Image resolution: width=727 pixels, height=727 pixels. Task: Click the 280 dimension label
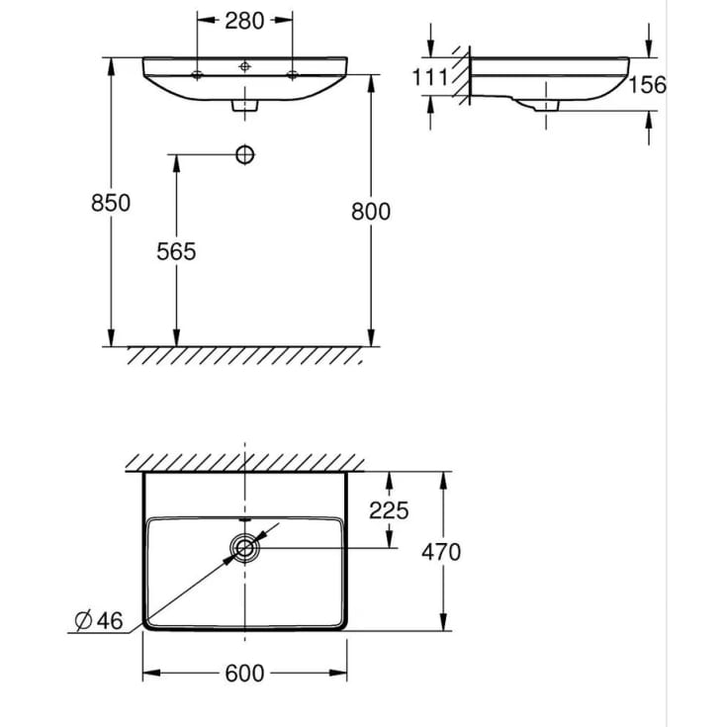click(244, 21)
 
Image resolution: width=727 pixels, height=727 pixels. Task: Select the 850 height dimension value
click(111, 203)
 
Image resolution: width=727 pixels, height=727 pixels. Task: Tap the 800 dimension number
click(371, 212)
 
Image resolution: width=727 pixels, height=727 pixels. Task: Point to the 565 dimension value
click(176, 251)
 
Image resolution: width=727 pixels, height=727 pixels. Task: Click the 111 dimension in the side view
click(430, 77)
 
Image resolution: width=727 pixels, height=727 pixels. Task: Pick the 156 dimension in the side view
click(647, 84)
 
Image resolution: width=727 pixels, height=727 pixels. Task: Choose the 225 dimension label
click(389, 510)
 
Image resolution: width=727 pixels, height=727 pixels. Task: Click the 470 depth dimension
click(441, 552)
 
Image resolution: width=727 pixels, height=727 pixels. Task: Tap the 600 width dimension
click(244, 673)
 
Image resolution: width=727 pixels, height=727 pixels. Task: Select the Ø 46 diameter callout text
click(99, 621)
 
